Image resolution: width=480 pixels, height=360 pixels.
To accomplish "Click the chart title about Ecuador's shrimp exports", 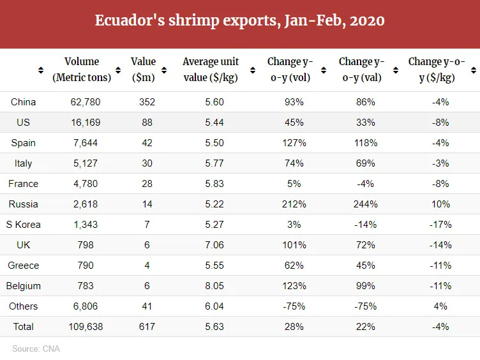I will (x=239, y=20).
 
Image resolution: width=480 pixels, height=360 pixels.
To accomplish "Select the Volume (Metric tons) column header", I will (x=82, y=70).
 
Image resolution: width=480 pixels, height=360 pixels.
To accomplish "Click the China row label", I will (x=23, y=102).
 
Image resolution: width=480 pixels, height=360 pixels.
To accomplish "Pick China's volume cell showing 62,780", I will (x=86, y=102).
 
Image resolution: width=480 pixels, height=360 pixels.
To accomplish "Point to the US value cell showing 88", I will (x=147, y=123).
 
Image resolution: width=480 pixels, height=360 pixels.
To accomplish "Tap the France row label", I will (x=23, y=184).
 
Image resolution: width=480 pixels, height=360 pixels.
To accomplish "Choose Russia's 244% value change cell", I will (x=366, y=204).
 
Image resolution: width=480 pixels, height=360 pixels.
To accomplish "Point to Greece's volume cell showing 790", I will (x=86, y=266).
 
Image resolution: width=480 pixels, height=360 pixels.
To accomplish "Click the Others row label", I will (x=23, y=306).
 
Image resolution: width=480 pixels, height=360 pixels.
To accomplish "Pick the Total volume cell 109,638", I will (x=86, y=327).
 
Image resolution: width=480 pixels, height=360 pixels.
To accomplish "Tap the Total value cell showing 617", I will (x=147, y=327).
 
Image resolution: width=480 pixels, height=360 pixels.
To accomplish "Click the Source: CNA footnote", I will (x=36, y=349).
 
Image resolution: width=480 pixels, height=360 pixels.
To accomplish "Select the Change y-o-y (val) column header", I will (x=361, y=70).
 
